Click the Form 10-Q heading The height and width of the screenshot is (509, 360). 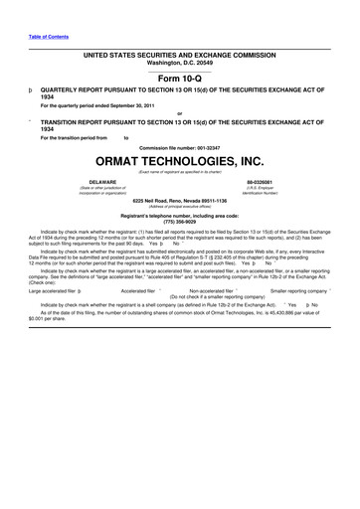180,79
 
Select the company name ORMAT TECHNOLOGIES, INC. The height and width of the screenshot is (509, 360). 180,160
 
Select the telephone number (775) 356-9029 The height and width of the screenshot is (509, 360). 180,221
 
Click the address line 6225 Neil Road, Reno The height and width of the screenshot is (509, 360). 180,200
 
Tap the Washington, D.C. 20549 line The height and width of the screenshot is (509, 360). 180,63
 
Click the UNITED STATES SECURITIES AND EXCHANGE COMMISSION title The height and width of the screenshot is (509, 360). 180,55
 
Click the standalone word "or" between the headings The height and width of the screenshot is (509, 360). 180,112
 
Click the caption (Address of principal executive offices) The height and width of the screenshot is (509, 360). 180,206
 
